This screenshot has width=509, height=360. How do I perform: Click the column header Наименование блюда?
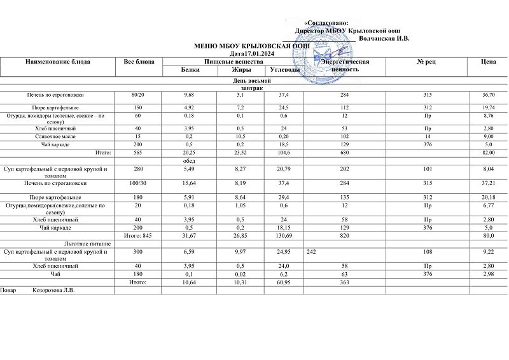coord(57,62)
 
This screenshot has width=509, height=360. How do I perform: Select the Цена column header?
coord(489,62)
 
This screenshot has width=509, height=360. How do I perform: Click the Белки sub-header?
coord(190,69)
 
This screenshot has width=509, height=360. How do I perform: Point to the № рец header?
coord(425,62)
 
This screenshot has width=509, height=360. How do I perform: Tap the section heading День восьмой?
coord(254,82)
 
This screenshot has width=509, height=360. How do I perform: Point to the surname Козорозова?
coord(53,291)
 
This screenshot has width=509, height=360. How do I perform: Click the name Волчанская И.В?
coord(384,39)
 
